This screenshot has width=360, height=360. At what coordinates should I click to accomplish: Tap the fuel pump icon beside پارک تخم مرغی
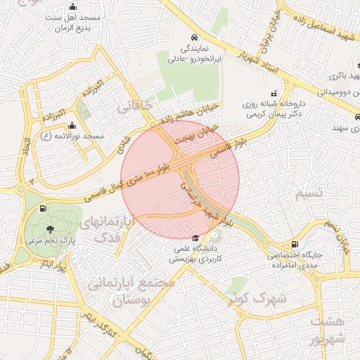[44, 208]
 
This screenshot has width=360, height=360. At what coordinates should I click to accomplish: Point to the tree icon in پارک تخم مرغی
[49, 229]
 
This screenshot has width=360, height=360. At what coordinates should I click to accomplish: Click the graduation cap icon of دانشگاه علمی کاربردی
[195, 240]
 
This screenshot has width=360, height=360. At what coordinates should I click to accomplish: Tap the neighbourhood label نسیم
[309, 192]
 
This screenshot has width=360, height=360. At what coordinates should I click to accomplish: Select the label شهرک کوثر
[257, 299]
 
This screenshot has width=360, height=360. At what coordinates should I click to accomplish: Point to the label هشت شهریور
[330, 330]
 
